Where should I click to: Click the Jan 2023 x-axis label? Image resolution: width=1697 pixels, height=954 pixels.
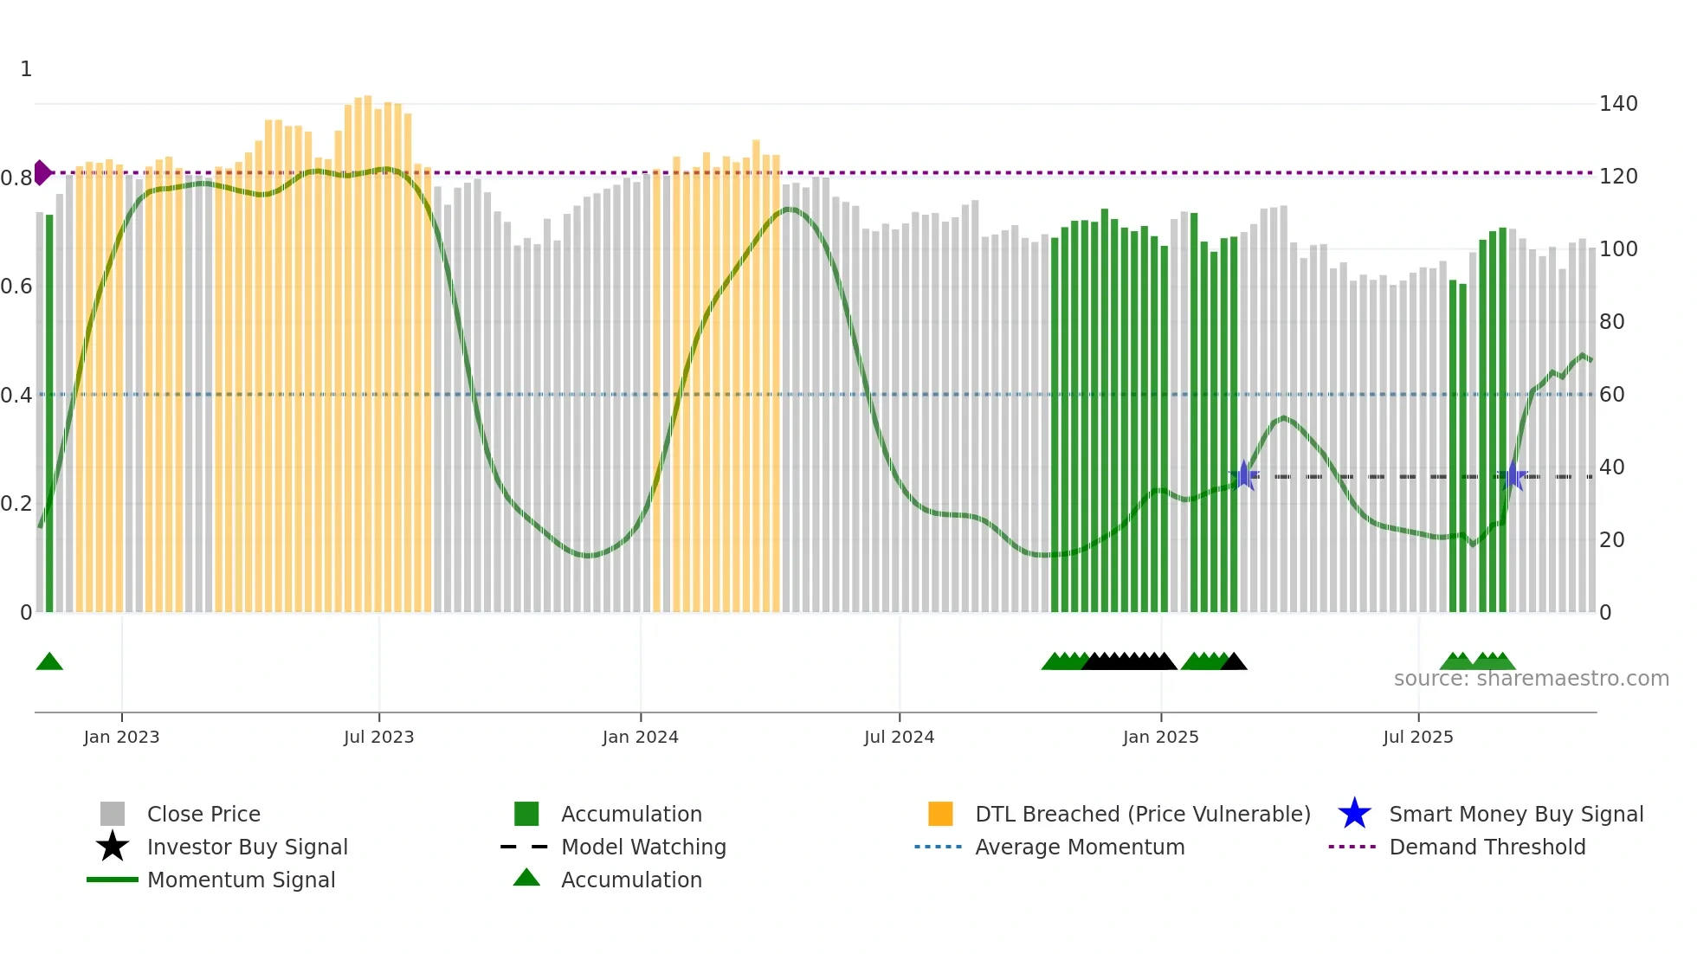(121, 737)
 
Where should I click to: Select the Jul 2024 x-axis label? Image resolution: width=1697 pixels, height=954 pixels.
(899, 737)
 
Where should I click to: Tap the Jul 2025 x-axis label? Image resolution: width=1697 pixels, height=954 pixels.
(1417, 737)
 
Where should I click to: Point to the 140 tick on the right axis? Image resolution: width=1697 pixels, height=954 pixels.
(1617, 104)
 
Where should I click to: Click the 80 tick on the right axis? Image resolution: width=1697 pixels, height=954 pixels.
(1611, 322)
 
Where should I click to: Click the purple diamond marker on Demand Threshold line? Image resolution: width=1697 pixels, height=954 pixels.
(42, 172)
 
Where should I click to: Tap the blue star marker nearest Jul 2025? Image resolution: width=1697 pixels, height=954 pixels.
(1512, 476)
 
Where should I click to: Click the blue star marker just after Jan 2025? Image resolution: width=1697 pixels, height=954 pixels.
(1244, 475)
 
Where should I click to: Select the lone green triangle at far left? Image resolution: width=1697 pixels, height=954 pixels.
(49, 661)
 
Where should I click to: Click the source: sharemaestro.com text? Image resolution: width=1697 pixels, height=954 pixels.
(1531, 679)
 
